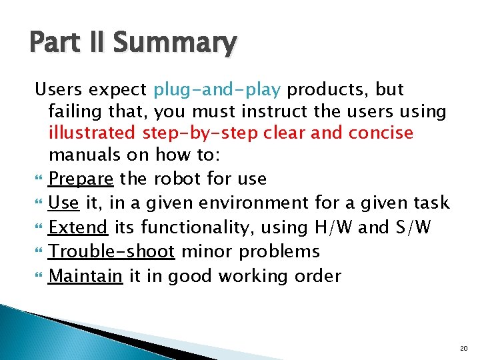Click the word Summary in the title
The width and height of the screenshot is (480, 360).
click(174, 43)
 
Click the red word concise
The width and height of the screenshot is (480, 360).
click(381, 133)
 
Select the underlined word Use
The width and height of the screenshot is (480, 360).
click(63, 203)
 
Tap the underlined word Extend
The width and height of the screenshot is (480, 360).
click(78, 227)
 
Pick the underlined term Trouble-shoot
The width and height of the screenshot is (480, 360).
click(111, 251)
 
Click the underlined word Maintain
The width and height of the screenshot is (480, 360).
click(86, 275)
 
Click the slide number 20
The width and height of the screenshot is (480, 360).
click(464, 349)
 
